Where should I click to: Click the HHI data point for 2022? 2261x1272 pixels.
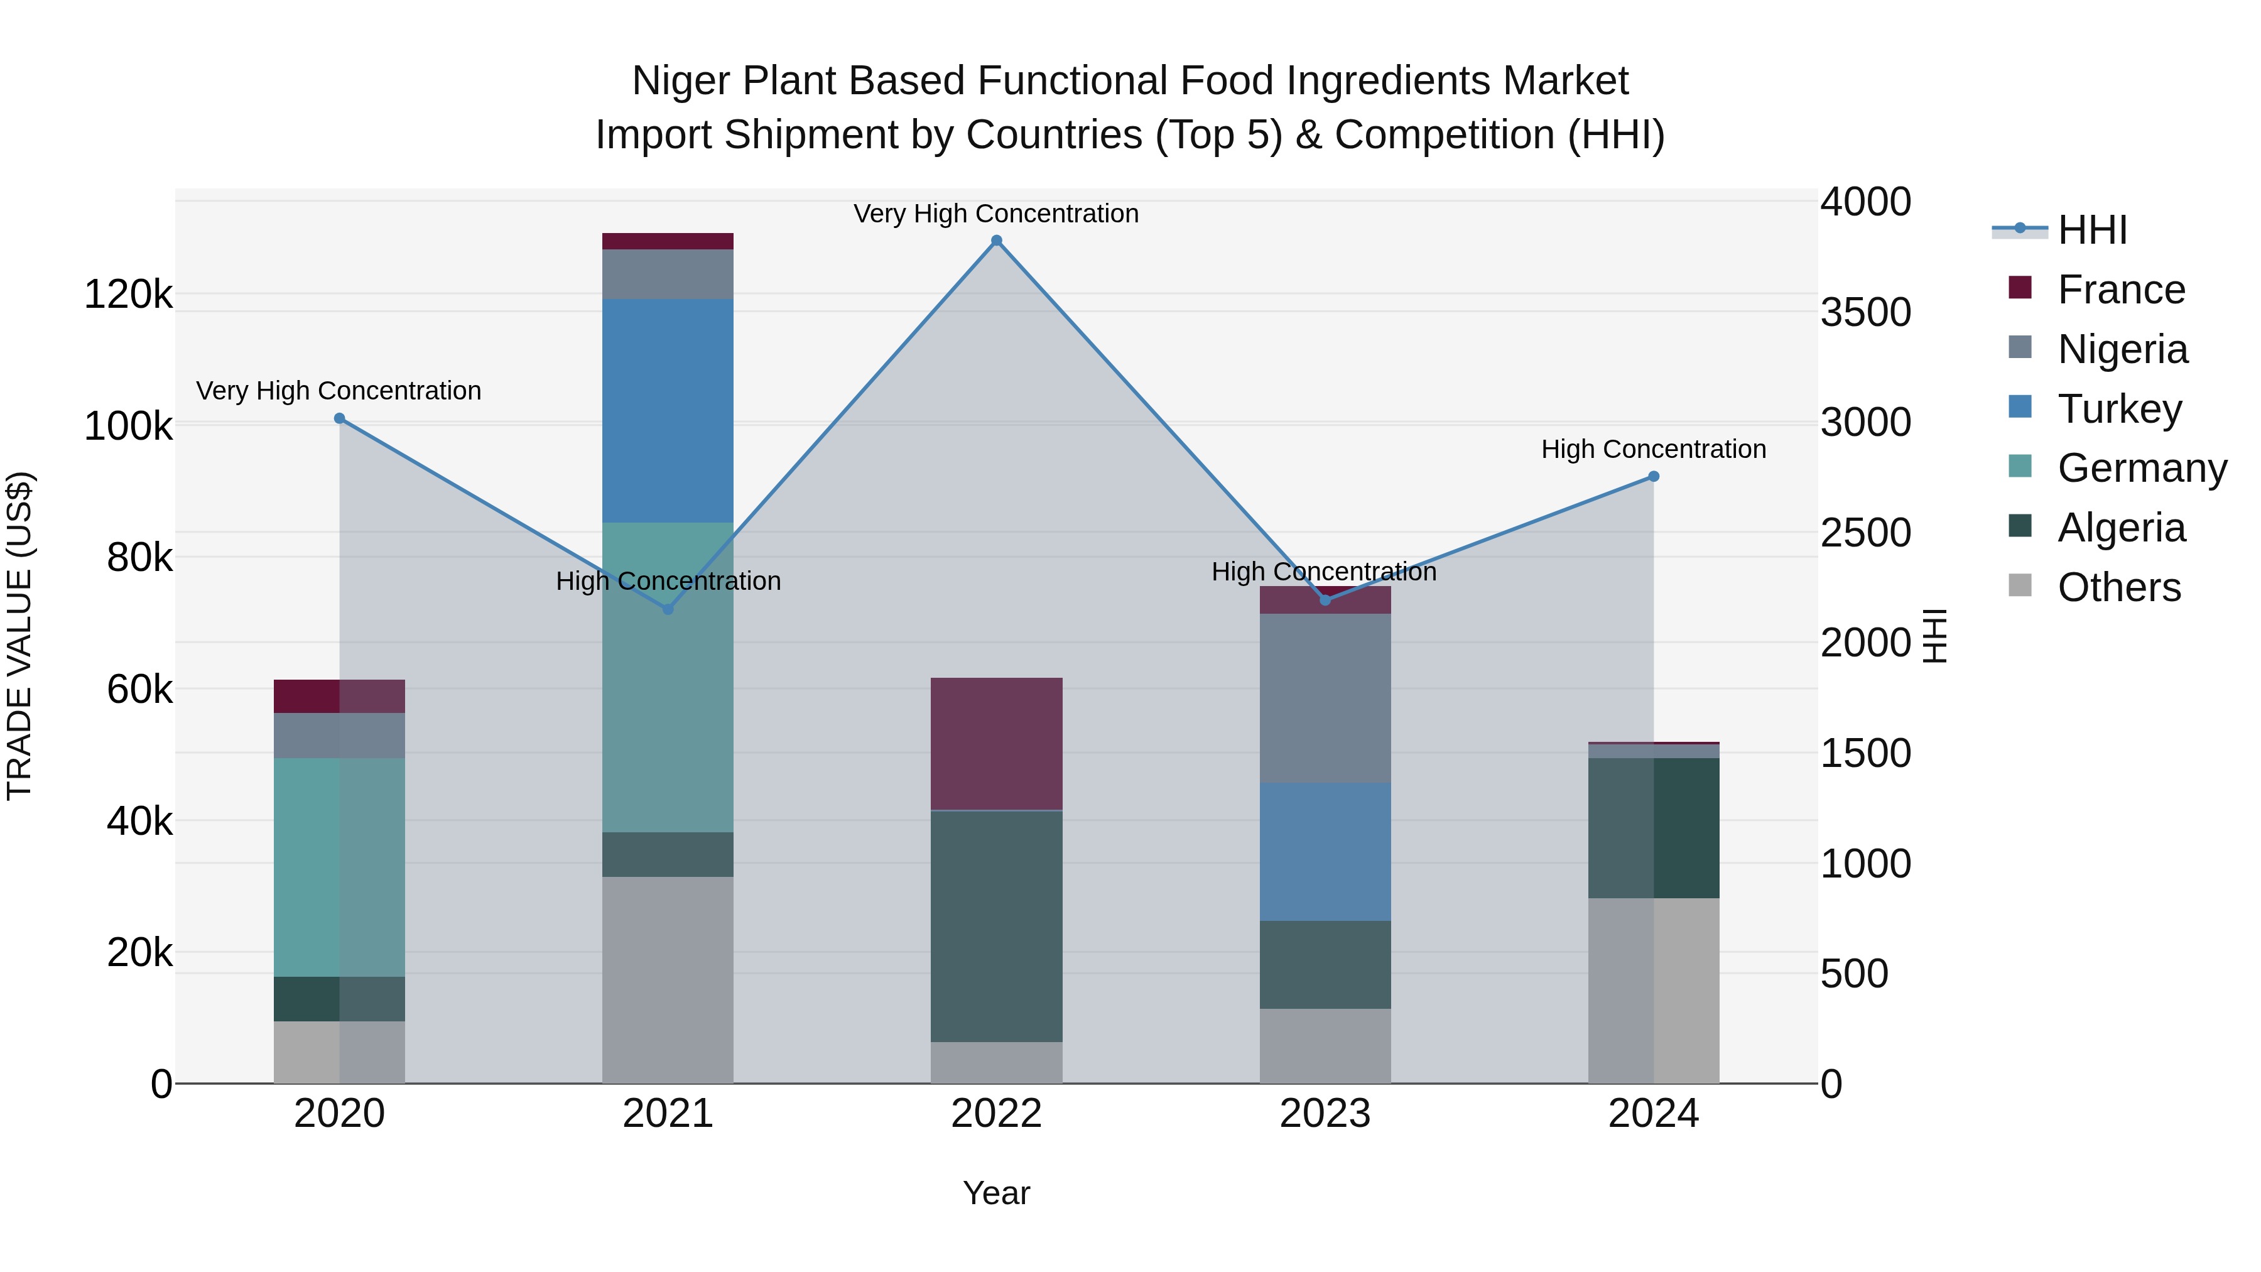(996, 241)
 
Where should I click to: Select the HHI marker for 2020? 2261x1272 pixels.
(340, 419)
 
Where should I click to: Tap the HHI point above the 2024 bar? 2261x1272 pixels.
(1654, 477)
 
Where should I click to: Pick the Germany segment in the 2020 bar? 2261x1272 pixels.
(340, 867)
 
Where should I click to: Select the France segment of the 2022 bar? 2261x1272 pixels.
(996, 744)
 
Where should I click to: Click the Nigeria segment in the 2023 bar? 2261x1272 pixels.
(1325, 699)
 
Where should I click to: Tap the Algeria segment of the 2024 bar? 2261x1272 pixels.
(1654, 828)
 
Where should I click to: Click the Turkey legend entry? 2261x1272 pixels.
(2120, 409)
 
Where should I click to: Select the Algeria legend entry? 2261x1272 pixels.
(2120, 528)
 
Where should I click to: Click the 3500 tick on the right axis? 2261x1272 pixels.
(1865, 313)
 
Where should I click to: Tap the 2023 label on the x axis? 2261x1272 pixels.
(1325, 1114)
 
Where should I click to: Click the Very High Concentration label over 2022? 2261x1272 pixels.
(996, 214)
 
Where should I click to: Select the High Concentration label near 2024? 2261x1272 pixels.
(1654, 450)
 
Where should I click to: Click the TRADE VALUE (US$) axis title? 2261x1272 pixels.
(19, 636)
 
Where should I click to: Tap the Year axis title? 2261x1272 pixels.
(996, 1193)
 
